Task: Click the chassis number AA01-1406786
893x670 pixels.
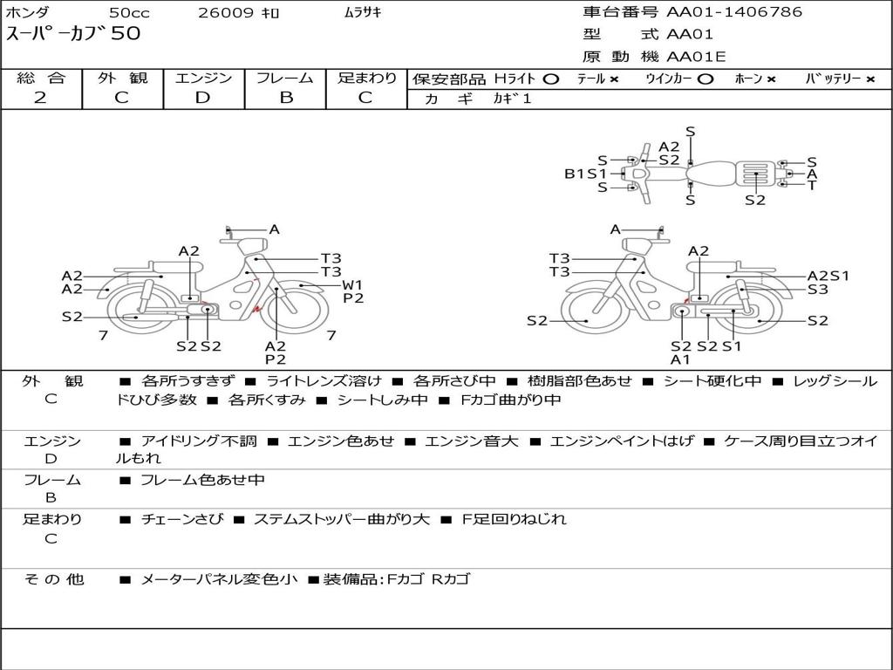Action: pos(734,12)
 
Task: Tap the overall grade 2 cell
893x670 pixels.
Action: pos(40,98)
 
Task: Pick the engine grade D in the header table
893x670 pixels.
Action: pos(202,98)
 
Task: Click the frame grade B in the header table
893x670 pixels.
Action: pos(286,98)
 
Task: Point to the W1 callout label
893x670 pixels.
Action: pos(352,285)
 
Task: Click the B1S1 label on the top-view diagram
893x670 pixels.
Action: pos(585,174)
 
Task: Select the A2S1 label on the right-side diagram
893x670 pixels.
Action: pos(828,276)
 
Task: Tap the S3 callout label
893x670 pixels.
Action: pos(818,290)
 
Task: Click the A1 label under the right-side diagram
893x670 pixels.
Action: pos(680,359)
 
